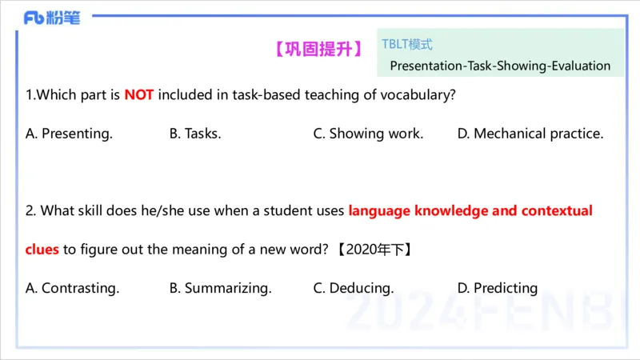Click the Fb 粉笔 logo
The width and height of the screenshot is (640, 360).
(x=52, y=18)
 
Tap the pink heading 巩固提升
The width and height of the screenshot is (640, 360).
(x=318, y=49)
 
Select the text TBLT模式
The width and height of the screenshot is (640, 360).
(x=407, y=45)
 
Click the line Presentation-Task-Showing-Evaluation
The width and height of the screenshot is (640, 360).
(x=500, y=66)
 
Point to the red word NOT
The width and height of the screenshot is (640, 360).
(x=138, y=95)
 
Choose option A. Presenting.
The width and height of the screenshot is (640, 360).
(x=70, y=134)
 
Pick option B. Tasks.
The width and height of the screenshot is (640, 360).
(x=195, y=134)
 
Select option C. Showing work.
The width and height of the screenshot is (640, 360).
(x=368, y=134)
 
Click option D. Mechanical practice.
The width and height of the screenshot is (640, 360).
(x=530, y=134)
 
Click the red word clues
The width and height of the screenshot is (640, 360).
(x=42, y=249)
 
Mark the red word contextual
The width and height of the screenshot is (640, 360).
(x=557, y=211)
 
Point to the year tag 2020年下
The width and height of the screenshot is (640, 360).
(x=374, y=249)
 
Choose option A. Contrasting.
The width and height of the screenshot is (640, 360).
(x=73, y=288)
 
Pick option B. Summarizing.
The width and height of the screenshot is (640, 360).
(x=220, y=288)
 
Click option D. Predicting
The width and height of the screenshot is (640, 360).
(x=498, y=288)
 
